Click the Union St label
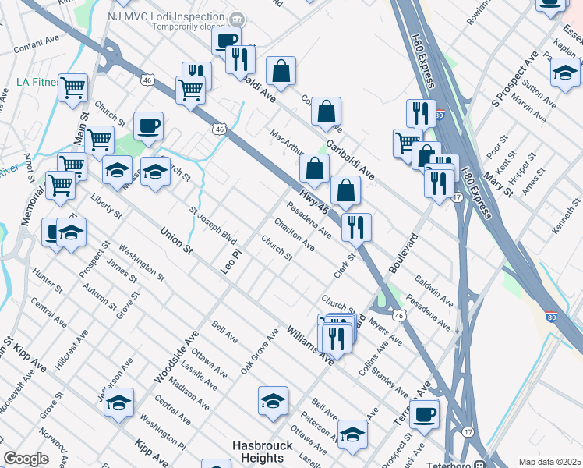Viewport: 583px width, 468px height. point(175,239)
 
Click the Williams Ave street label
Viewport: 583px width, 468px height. point(309,345)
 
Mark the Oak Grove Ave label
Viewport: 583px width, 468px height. point(260,350)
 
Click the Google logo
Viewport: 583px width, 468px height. point(26,459)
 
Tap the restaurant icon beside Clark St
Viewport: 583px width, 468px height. point(356,227)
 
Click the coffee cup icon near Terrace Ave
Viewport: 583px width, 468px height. point(425,413)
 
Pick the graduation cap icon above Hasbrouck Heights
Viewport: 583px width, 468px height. point(273,401)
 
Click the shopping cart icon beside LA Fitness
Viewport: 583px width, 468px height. point(72,87)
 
